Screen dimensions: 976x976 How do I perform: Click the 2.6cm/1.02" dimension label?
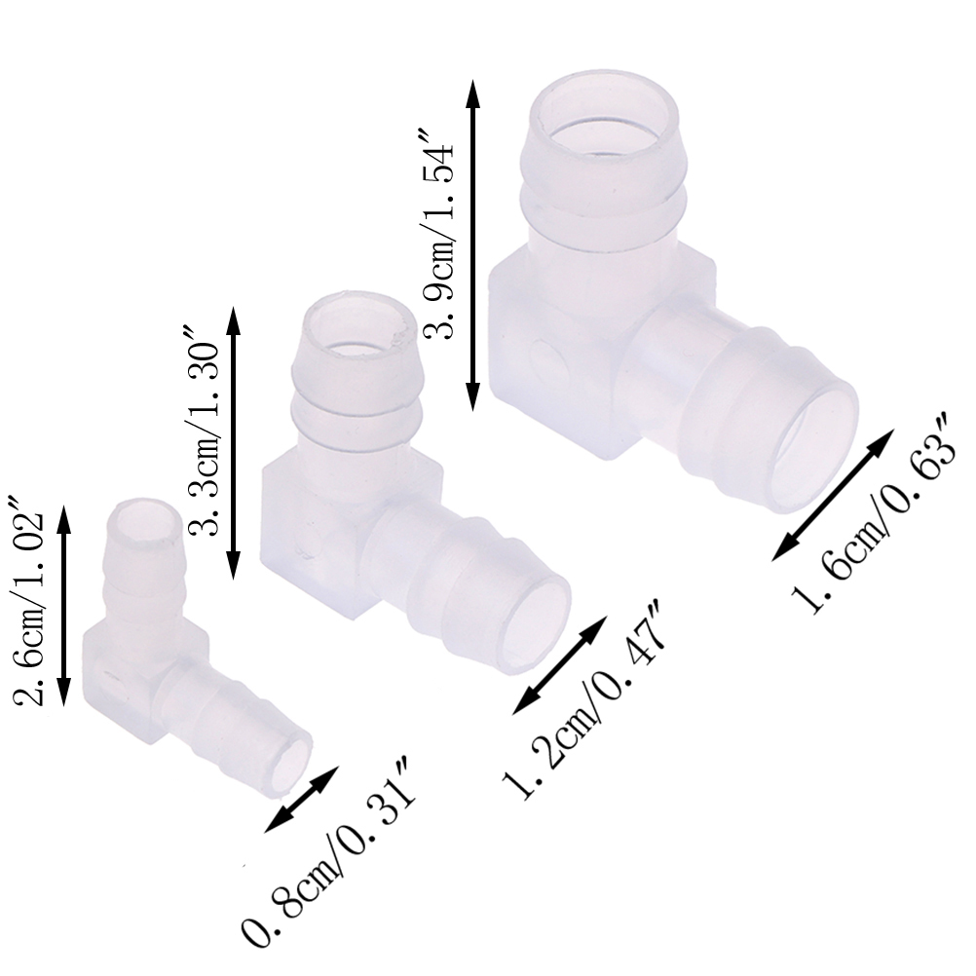pyautogui.click(x=29, y=599)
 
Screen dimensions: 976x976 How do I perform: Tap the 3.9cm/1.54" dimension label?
pyautogui.click(x=438, y=234)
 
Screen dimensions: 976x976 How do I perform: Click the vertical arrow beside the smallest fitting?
pyautogui.click(x=64, y=606)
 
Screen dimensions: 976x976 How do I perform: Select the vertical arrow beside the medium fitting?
pyautogui.click(x=234, y=442)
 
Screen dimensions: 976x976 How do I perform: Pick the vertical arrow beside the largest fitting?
pyautogui.click(x=473, y=245)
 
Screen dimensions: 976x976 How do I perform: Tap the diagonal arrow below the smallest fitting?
pyautogui.click(x=301, y=800)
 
